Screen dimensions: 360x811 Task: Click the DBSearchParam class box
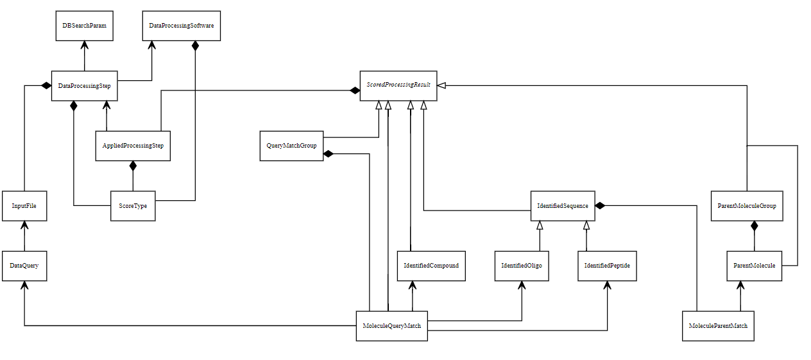(84, 26)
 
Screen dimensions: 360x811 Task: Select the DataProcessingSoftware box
(181, 26)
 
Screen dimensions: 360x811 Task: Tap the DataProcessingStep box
(84, 85)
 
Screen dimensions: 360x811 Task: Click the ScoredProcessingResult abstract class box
(398, 85)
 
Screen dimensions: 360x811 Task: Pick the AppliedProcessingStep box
(133, 146)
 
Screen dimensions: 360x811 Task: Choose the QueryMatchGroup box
(291, 146)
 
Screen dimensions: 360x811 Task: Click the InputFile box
(24, 206)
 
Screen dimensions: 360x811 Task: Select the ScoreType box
(133, 206)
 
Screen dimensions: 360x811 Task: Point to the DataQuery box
(24, 266)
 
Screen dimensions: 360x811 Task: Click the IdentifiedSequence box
(563, 206)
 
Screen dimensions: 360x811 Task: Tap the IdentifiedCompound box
(431, 266)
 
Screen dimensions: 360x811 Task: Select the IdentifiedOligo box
(522, 266)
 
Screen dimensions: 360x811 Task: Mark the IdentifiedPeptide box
(607, 266)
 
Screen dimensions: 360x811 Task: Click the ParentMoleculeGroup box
(747, 206)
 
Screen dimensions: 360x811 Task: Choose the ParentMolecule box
(754, 266)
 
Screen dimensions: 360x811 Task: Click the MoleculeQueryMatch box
(391, 326)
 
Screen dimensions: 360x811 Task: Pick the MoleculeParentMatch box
(718, 326)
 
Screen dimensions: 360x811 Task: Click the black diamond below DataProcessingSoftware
(195, 47)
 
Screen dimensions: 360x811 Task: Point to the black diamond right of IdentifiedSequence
(601, 205)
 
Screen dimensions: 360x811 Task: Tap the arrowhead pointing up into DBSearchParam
(84, 46)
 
